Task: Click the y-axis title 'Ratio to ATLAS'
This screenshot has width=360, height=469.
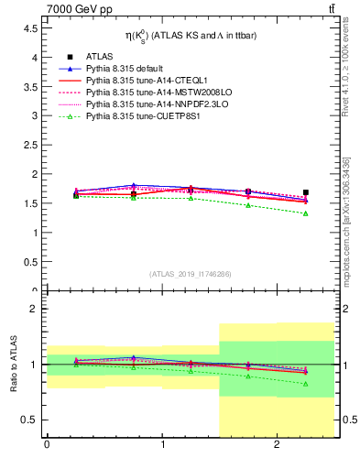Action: click(x=15, y=365)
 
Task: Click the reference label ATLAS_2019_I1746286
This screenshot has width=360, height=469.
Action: click(x=191, y=274)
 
